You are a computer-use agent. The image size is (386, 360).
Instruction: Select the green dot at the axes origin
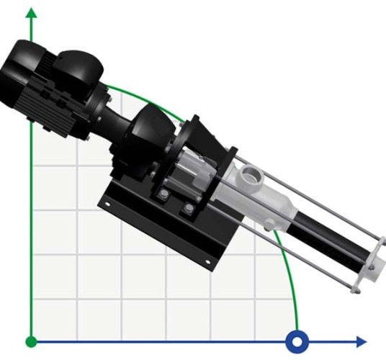point(31,341)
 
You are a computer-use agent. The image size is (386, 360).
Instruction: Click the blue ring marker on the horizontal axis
point(297,341)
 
